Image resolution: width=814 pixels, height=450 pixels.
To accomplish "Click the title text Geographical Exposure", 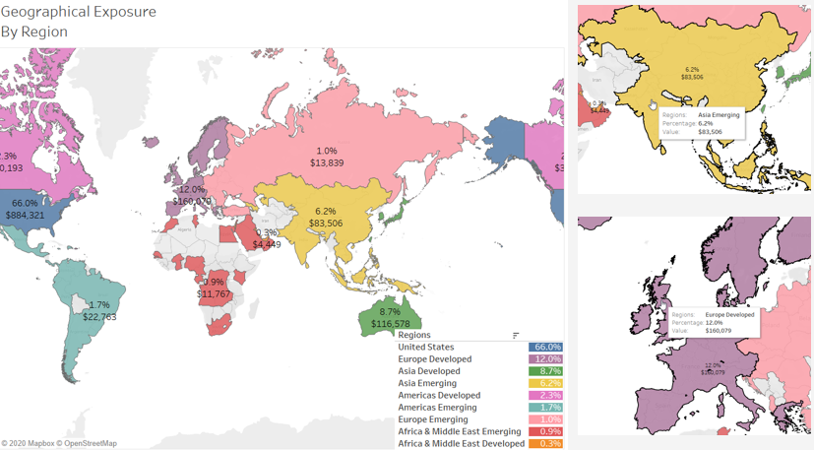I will (x=78, y=12).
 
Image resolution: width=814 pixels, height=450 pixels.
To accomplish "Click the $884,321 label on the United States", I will (x=25, y=215).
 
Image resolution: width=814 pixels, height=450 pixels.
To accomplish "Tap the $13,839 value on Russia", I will (x=327, y=161).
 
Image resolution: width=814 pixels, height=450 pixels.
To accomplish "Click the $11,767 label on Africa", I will (x=214, y=293).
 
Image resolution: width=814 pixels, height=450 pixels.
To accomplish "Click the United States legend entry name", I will (x=426, y=348).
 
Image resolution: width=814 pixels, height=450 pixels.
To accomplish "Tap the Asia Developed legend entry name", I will (x=429, y=371).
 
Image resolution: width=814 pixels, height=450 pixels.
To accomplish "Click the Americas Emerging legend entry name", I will (x=437, y=407).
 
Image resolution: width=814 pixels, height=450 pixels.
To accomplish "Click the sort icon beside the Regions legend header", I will (x=516, y=336).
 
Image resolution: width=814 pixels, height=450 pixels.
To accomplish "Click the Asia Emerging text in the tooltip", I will (x=719, y=115).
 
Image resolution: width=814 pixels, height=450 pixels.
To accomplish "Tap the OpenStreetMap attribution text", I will (x=90, y=444).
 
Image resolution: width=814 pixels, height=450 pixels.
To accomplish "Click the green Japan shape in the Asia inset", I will (x=781, y=71).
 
